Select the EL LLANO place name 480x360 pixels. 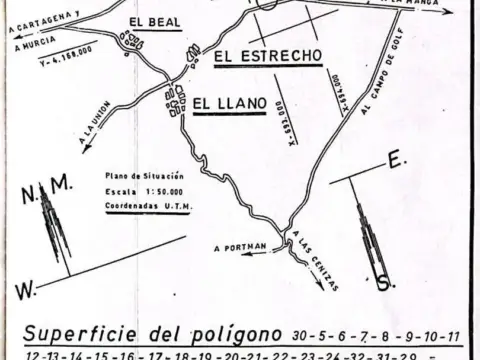(x=227, y=102)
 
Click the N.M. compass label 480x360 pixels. (x=49, y=184)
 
